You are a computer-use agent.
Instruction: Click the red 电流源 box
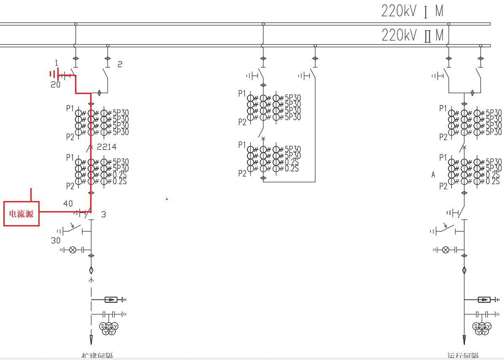click(21, 214)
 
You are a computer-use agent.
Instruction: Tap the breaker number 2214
click(106, 147)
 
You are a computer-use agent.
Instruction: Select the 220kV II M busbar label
click(413, 35)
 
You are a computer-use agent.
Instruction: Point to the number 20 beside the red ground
click(56, 85)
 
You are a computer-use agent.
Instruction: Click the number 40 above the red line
click(68, 204)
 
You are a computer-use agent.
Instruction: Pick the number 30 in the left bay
click(56, 241)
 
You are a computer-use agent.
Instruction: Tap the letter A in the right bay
click(433, 175)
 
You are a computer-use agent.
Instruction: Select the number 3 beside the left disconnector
click(104, 215)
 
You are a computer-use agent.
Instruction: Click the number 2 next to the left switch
click(120, 64)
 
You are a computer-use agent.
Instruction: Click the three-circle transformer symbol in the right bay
click(482, 328)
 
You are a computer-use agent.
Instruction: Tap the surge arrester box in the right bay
click(484, 300)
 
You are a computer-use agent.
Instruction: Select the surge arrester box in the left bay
click(111, 300)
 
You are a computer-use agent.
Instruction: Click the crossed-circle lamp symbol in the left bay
click(72, 250)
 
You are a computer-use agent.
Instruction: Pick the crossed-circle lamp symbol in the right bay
click(445, 250)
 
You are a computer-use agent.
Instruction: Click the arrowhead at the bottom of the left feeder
click(91, 339)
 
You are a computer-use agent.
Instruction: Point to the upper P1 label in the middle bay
click(242, 94)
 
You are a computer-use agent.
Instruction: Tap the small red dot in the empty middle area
click(167, 199)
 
